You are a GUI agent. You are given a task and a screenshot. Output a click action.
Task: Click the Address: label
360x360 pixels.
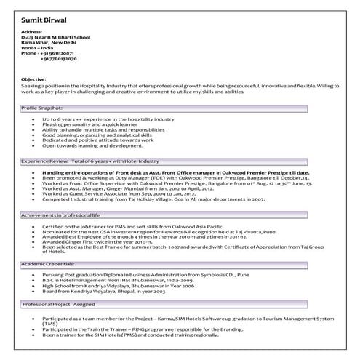click(x=33, y=33)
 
